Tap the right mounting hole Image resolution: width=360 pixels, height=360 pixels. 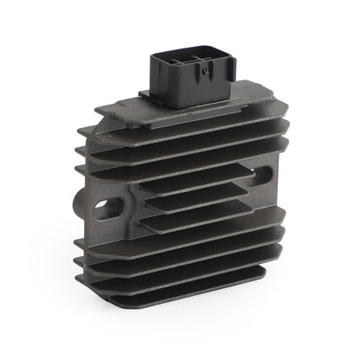point(261,173)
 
